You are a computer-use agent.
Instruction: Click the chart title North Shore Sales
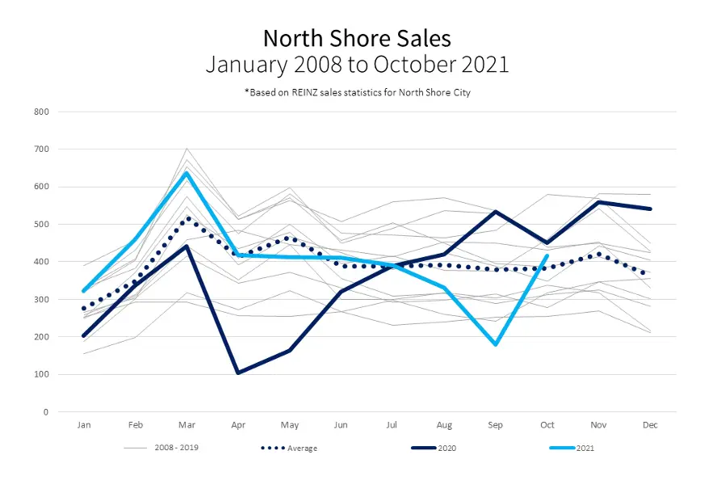click(357, 38)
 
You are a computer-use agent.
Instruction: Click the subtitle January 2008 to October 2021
click(357, 65)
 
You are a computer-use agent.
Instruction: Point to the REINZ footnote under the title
click(357, 92)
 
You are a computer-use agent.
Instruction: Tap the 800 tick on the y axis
click(42, 112)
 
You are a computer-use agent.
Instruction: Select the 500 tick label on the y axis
click(42, 224)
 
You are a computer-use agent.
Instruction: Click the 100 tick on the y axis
click(42, 374)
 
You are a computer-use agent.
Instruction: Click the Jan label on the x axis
click(83, 424)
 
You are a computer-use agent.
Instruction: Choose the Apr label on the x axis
click(238, 424)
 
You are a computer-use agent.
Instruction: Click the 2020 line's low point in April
click(238, 373)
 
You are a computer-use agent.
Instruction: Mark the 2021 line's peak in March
click(187, 173)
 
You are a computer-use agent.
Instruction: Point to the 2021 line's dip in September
click(495, 344)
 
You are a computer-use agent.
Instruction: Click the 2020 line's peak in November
click(599, 202)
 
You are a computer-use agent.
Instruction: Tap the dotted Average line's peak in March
click(187, 218)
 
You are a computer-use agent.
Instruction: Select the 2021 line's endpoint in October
click(547, 256)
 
